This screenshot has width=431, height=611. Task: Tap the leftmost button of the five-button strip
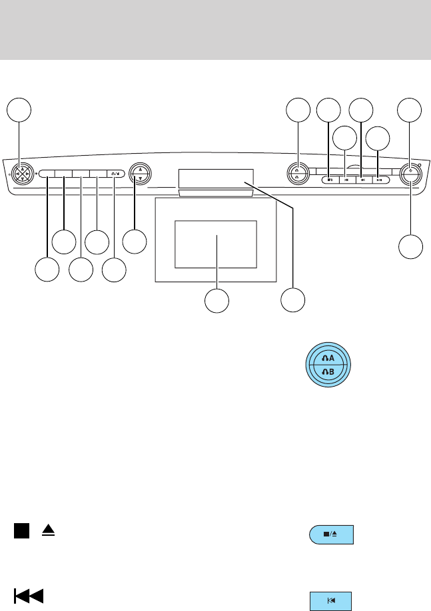[46, 173]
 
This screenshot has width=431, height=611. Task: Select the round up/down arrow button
[139, 173]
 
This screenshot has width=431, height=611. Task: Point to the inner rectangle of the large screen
[216, 244]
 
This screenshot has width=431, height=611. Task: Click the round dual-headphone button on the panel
[296, 174]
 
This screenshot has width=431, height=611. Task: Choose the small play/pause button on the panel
[378, 179]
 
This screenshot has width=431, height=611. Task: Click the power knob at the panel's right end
[411, 174]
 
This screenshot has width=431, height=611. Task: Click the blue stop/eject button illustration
[331, 535]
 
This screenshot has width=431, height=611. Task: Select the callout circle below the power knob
[411, 246]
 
